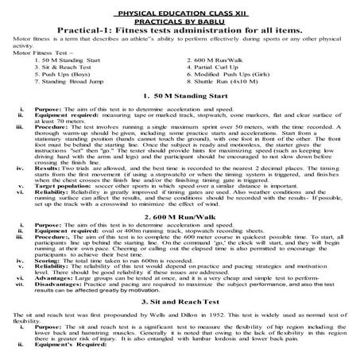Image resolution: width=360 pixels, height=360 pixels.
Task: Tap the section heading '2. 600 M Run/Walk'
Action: (180, 217)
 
